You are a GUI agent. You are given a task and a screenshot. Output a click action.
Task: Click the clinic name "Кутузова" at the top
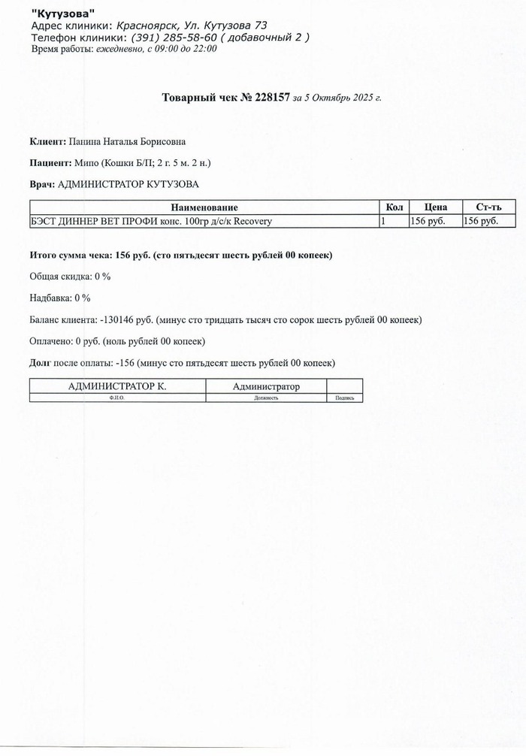pyautogui.click(x=63, y=14)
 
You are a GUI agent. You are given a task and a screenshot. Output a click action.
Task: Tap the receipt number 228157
pyautogui.click(x=266, y=98)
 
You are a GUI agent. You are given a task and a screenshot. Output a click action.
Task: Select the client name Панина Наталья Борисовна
pyautogui.click(x=126, y=141)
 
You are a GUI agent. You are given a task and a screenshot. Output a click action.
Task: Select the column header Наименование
pyautogui.click(x=204, y=207)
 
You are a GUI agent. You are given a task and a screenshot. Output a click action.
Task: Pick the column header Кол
pyautogui.click(x=394, y=207)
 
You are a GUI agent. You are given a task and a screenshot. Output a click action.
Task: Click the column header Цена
pyautogui.click(x=435, y=207)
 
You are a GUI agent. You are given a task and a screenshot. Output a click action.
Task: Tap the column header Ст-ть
pyautogui.click(x=488, y=207)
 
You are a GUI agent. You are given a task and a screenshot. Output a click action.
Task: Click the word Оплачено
pyautogui.click(x=52, y=341)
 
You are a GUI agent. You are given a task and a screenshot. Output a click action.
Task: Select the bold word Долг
pyautogui.click(x=41, y=363)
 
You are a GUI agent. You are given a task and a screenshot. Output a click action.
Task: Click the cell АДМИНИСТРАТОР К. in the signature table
pyautogui.click(x=117, y=386)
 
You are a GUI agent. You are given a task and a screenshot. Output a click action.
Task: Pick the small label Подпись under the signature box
pyautogui.click(x=345, y=398)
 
